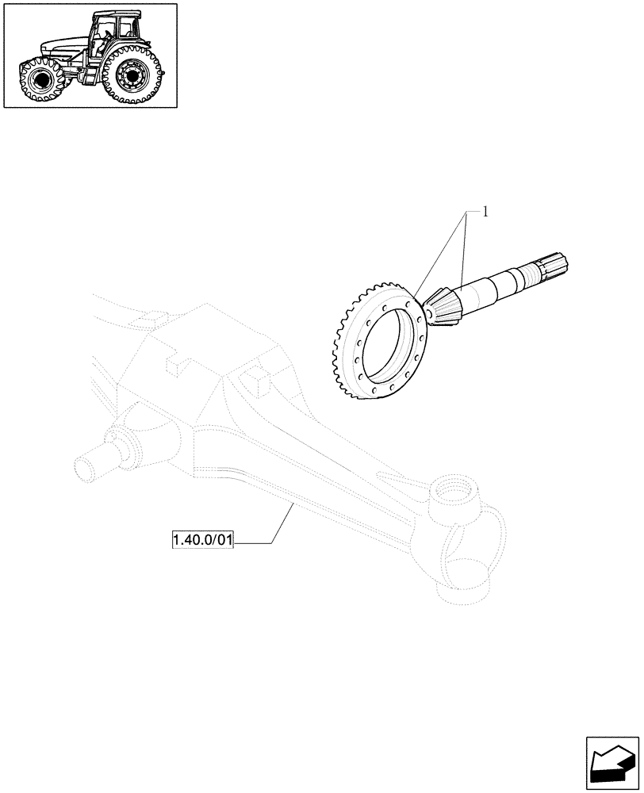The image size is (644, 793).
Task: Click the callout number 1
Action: coord(485,212)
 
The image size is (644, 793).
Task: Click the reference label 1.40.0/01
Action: coord(203,542)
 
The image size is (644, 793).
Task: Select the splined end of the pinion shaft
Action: coord(554,267)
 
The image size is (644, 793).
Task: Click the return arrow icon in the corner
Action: coord(612,764)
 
